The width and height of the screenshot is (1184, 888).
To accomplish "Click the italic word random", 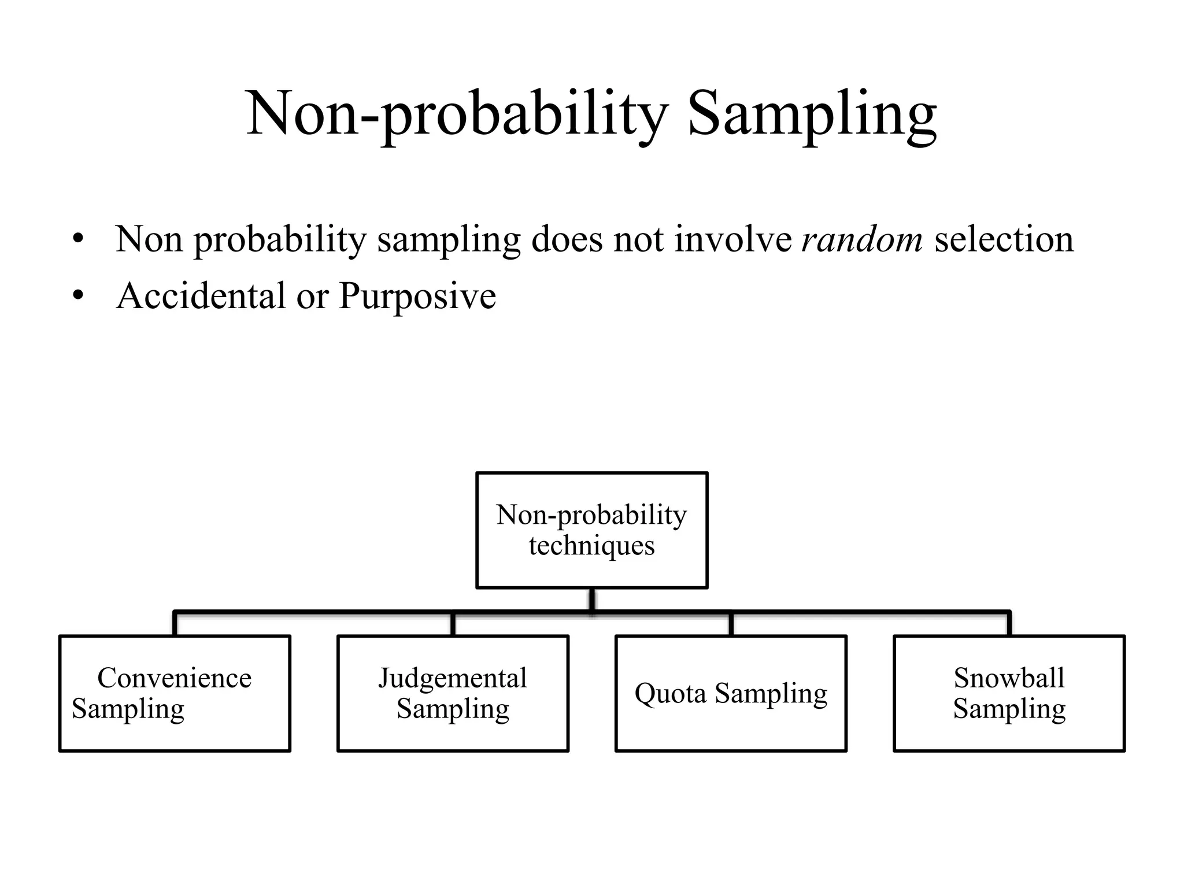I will [862, 239].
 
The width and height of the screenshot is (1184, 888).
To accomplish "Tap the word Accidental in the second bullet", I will [201, 295].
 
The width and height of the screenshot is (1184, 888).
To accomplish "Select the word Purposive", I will [417, 297].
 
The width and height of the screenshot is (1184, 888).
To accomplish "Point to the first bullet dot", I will [79, 239].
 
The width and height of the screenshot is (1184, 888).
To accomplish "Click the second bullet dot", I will [79, 296].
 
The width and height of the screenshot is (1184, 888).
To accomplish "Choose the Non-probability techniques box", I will [591, 530].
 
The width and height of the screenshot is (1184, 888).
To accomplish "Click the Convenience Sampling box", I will [175, 693].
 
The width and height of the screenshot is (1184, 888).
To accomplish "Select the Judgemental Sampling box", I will [453, 693].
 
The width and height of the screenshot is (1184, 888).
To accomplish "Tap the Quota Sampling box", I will [731, 693].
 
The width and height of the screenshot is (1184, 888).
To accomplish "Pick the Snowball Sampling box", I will [1009, 693].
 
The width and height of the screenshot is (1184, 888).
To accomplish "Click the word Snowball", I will [1009, 678].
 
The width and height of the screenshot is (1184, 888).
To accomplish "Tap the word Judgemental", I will [453, 678].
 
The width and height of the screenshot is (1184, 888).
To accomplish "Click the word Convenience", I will [175, 678].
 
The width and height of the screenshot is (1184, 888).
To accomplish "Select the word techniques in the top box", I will [591, 546].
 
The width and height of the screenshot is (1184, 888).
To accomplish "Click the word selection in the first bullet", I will [1004, 239].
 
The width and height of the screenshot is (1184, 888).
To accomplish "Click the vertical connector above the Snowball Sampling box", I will [1009, 623].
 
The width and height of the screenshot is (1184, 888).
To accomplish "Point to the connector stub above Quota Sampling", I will [731, 624].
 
